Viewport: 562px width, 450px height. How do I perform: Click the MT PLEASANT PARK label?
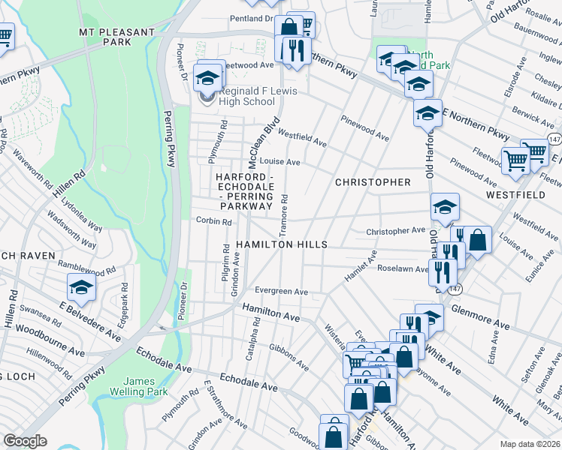(x=116, y=37)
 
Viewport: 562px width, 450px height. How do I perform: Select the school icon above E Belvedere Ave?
(x=81, y=287)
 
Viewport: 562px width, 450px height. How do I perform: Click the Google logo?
(x=25, y=441)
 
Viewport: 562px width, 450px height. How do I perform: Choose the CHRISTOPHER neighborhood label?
(x=373, y=182)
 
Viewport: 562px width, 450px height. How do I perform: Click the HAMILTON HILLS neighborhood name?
(x=281, y=245)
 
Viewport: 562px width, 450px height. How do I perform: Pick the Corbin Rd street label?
(x=213, y=221)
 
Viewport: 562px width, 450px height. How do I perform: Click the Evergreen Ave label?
(x=281, y=291)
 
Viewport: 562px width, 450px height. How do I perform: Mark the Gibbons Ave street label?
(x=289, y=359)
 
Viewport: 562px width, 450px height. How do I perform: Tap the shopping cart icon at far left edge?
(x=4, y=37)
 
